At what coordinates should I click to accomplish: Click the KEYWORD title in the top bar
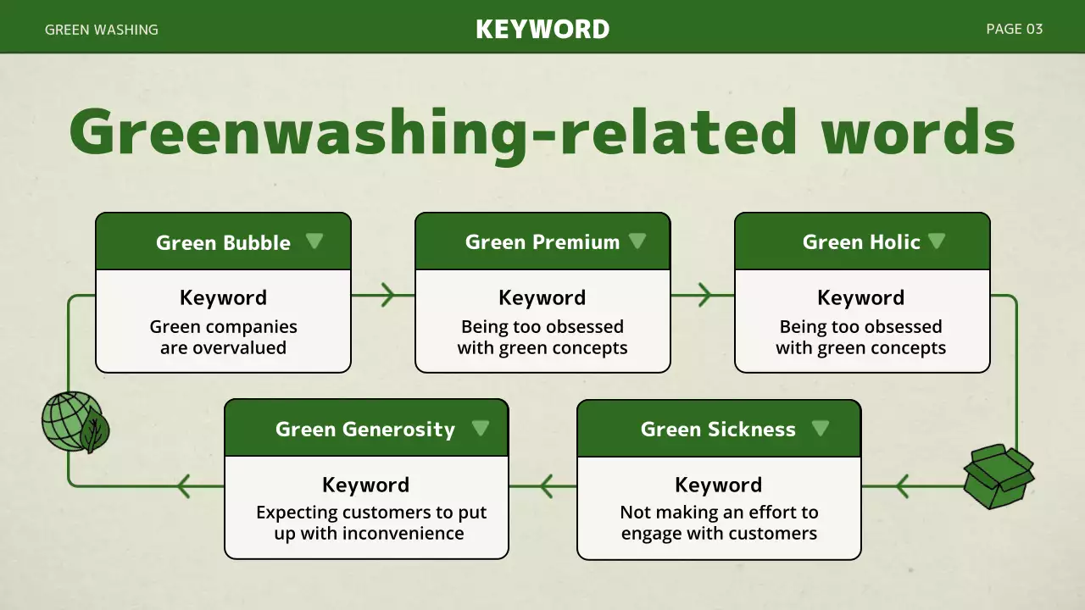(542, 29)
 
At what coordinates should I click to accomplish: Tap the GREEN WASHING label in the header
(101, 30)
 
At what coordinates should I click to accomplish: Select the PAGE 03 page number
(1014, 29)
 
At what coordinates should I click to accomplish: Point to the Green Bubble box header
(223, 242)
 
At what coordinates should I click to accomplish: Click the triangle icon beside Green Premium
(637, 241)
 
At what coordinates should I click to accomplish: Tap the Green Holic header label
(860, 242)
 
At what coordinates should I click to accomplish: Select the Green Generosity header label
(364, 429)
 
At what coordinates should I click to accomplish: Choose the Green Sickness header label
(717, 429)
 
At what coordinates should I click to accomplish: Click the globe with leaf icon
(75, 422)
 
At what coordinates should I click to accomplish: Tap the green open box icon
(999, 476)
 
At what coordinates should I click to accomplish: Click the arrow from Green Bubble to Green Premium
(387, 296)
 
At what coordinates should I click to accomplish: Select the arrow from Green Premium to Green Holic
(704, 296)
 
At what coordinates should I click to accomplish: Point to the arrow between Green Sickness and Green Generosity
(545, 486)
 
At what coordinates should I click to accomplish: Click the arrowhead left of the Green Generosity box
(182, 486)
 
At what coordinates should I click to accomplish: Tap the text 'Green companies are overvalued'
(223, 337)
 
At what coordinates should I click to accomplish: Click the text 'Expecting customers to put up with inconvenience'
(370, 523)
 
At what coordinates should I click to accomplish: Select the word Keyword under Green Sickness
(718, 485)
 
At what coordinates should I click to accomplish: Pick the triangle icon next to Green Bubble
(314, 241)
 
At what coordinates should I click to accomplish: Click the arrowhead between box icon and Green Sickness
(901, 486)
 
